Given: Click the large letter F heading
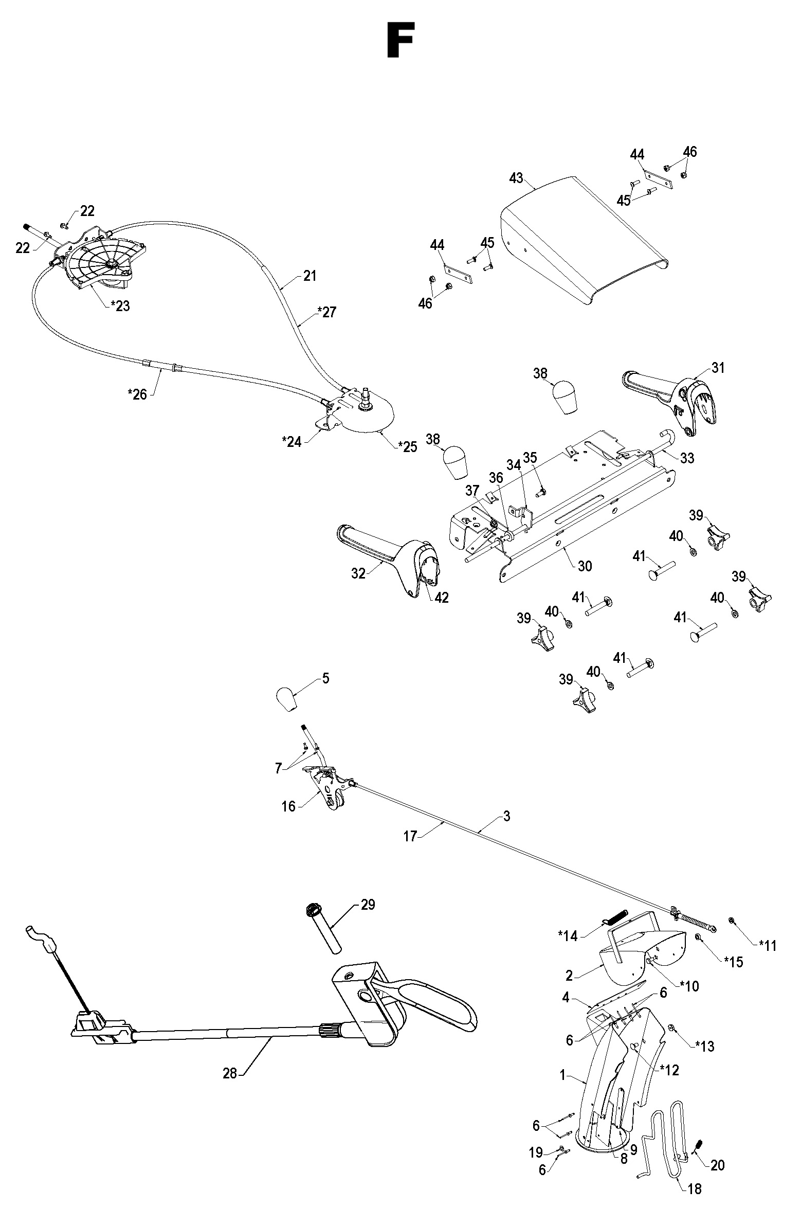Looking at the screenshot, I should (399, 40).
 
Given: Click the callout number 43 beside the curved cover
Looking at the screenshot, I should (516, 178).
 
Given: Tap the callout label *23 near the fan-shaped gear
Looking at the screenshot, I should (120, 306).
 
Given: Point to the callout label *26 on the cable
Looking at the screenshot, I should (137, 394).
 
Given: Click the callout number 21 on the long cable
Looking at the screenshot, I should (309, 276).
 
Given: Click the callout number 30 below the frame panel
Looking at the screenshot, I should (585, 566).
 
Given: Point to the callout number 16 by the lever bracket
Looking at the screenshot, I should (288, 806).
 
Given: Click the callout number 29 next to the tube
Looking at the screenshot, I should (368, 905).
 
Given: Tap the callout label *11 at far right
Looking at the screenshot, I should (767, 945).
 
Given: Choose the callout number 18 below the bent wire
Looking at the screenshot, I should (695, 1203).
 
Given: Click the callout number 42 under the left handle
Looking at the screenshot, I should (442, 597).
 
